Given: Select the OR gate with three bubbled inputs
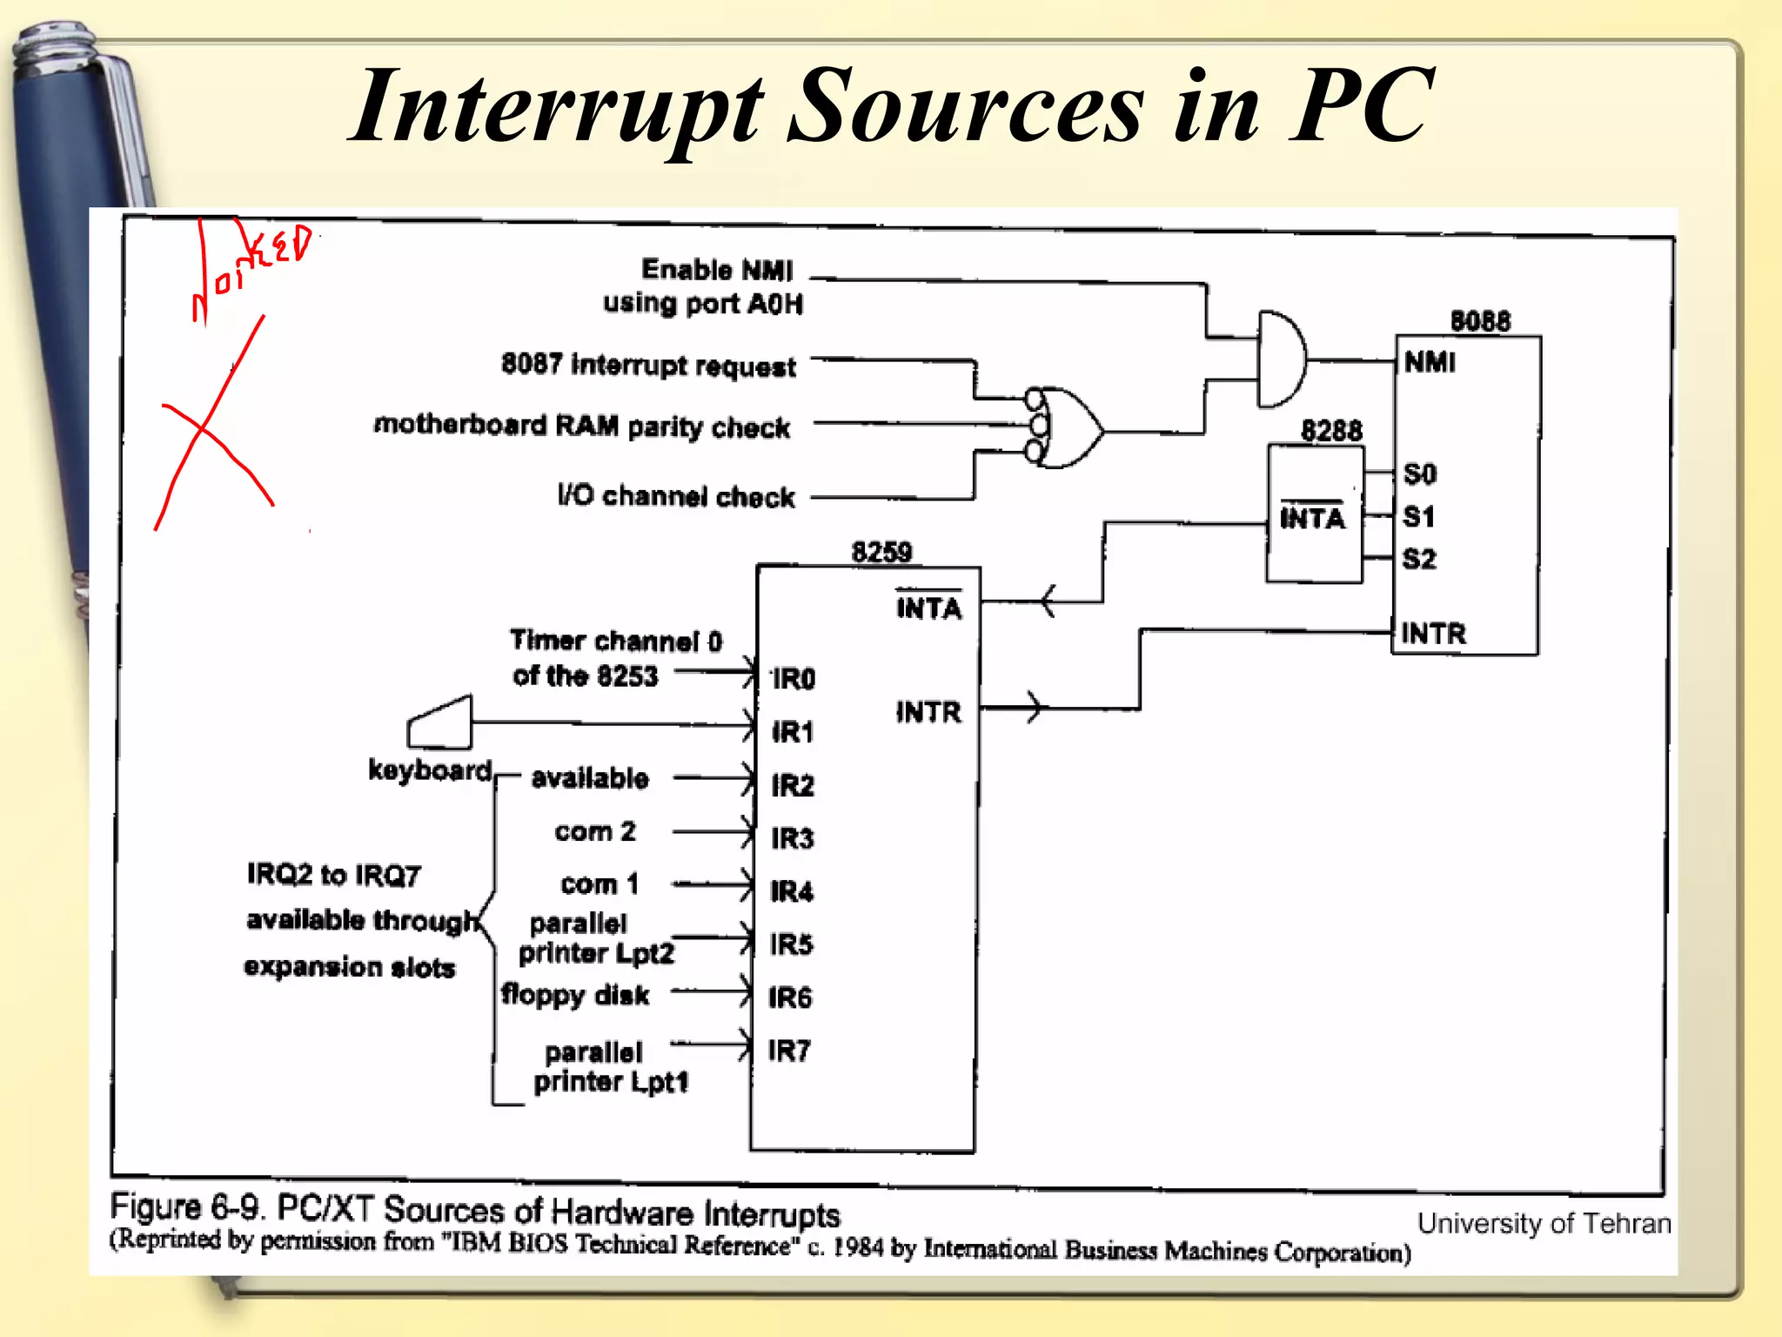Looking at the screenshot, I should pyautogui.click(x=1069, y=428).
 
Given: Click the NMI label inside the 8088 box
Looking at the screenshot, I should pyautogui.click(x=1430, y=362).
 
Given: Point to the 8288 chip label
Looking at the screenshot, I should pyautogui.click(x=1330, y=431).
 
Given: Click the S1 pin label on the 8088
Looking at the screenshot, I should pyautogui.click(x=1419, y=516).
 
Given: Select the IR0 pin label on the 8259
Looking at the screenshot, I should pyautogui.click(x=794, y=679).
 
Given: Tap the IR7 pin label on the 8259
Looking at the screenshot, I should pyautogui.click(x=789, y=1051).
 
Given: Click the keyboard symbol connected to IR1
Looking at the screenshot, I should pyautogui.click(x=441, y=723).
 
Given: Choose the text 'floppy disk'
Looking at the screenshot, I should pyautogui.click(x=575, y=995).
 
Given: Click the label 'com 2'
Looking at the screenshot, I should pyautogui.click(x=595, y=831).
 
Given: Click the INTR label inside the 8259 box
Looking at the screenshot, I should pyautogui.click(x=928, y=713).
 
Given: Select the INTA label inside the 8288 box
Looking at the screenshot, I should pyautogui.click(x=1312, y=519).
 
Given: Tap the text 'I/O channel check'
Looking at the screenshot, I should pyautogui.click(x=676, y=496).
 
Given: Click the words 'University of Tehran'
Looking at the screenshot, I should pyautogui.click(x=1544, y=1223).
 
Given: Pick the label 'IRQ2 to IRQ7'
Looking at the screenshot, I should pyautogui.click(x=334, y=874).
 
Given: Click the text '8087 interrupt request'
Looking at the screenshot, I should pyautogui.click(x=648, y=365).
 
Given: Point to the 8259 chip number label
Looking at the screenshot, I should pyautogui.click(x=881, y=552).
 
